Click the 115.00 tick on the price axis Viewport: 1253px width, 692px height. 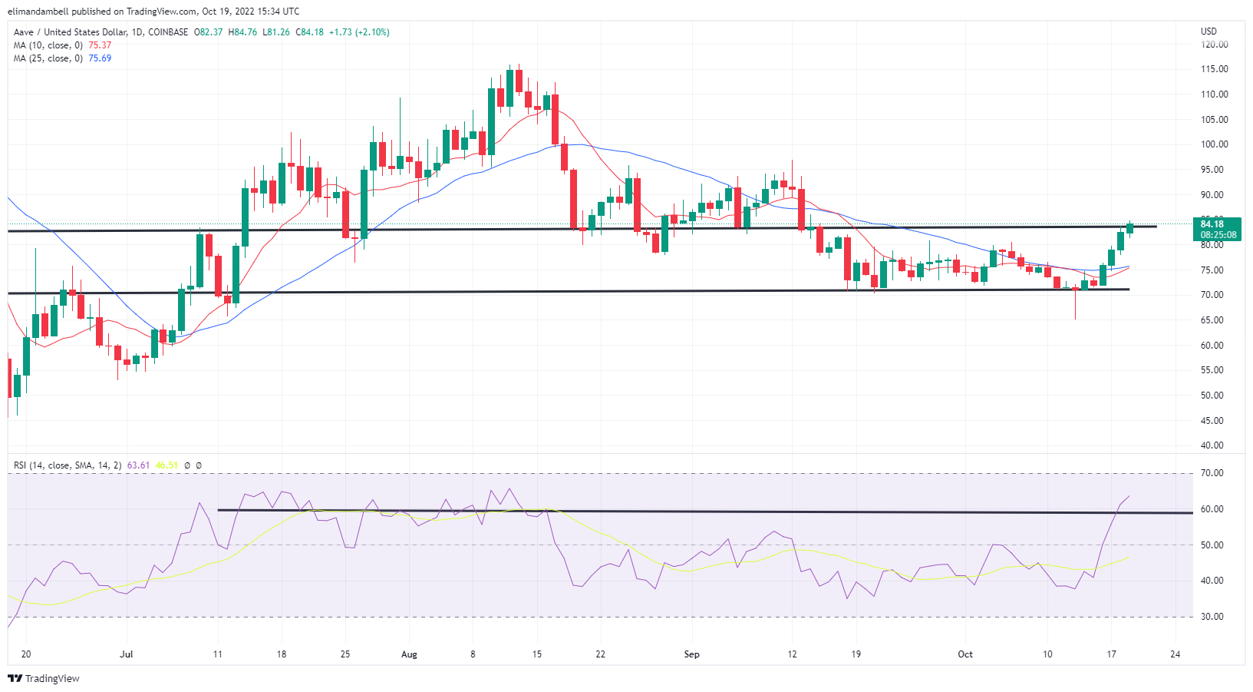[1214, 69]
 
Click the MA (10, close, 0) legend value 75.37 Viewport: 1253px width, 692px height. [100, 45]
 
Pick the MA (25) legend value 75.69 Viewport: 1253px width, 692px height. [100, 58]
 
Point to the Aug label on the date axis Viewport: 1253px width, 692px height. [409, 654]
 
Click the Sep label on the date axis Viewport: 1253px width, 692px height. [691, 654]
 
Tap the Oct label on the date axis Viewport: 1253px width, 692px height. [965, 654]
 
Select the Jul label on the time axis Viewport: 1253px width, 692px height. [127, 654]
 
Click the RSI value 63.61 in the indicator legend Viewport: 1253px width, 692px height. [138, 465]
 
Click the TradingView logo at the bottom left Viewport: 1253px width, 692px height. [44, 678]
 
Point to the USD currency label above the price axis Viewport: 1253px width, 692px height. [1208, 31]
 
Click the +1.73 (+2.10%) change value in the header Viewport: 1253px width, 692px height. [359, 32]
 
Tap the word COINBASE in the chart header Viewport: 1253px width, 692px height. [168, 32]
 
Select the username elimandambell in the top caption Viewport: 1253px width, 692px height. [39, 12]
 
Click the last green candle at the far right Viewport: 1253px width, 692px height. [1129, 228]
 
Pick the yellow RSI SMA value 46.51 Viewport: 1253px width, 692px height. [167, 465]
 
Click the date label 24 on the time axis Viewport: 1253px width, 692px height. [1175, 654]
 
